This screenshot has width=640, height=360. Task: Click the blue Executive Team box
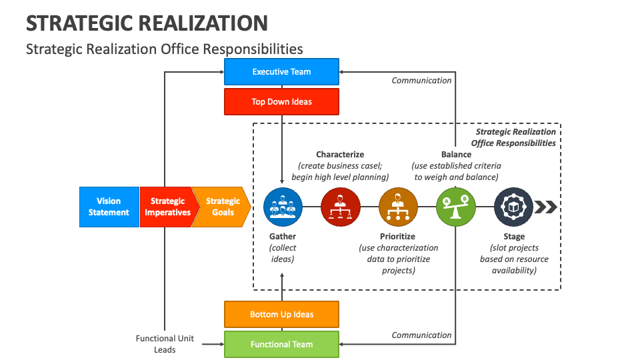(x=281, y=71)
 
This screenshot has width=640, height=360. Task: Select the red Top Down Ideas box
(x=281, y=102)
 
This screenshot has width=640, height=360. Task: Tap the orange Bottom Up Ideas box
(x=281, y=314)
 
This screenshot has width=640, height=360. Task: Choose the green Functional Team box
(x=281, y=345)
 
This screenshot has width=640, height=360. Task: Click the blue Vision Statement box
(x=109, y=207)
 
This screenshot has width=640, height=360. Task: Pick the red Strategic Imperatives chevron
(x=167, y=207)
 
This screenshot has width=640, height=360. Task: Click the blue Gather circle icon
(x=283, y=207)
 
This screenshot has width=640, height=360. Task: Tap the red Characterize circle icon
(x=341, y=207)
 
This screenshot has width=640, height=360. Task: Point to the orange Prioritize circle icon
(x=398, y=207)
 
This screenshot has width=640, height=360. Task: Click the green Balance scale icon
(x=456, y=207)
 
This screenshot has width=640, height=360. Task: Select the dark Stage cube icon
(x=514, y=207)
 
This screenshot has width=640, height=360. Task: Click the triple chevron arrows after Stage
(x=546, y=207)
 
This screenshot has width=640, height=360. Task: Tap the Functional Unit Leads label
(x=165, y=344)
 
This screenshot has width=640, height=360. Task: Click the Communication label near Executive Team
(x=421, y=81)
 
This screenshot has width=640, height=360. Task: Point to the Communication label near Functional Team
(x=421, y=335)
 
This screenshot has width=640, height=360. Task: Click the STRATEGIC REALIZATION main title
(x=147, y=23)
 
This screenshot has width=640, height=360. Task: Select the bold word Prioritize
(x=397, y=237)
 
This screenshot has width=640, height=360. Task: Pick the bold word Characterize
(x=340, y=155)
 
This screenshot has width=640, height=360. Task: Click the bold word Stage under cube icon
(x=514, y=237)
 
